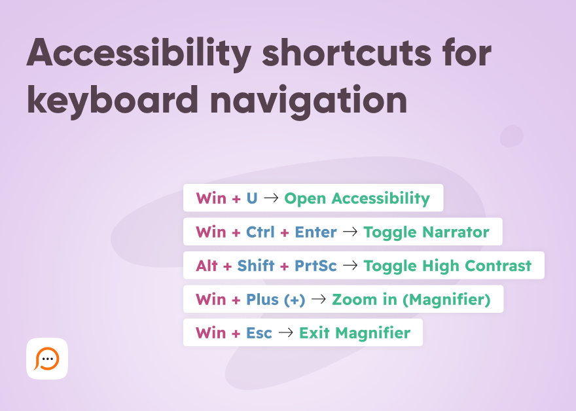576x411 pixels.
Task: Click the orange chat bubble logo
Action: tap(47, 359)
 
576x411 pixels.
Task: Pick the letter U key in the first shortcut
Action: tap(252, 198)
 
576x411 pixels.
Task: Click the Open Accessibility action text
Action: tap(357, 198)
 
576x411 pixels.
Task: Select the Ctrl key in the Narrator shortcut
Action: tap(261, 232)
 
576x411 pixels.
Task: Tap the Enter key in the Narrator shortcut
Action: tap(315, 232)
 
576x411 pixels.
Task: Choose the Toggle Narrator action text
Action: tap(426, 232)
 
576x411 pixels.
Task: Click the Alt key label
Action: tap(207, 266)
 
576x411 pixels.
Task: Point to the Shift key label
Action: tap(256, 266)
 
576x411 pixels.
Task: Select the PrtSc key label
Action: tap(315, 266)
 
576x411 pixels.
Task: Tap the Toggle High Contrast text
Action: tap(447, 266)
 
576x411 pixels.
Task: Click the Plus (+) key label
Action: tap(276, 300)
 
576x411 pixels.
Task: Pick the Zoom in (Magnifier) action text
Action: tap(411, 300)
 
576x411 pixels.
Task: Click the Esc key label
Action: tap(259, 333)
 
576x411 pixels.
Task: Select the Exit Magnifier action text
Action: tap(354, 333)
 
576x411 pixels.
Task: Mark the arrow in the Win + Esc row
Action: tap(285, 333)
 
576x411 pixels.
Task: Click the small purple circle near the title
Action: tap(511, 136)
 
